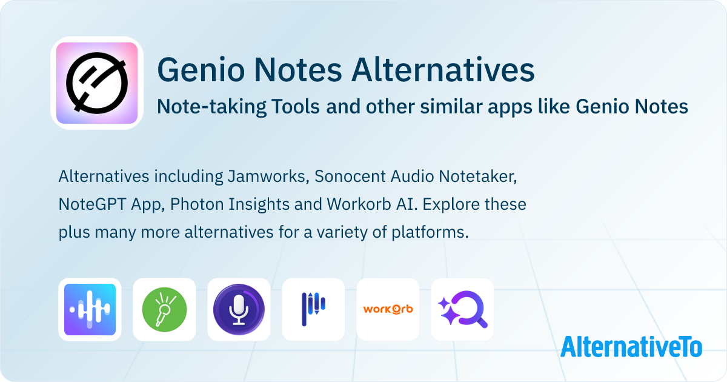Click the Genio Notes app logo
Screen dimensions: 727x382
tap(97, 83)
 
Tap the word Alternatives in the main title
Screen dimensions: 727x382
tap(443, 70)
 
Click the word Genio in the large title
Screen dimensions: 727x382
tap(201, 70)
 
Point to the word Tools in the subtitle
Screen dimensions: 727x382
tap(296, 107)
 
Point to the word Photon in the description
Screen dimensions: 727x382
tap(197, 204)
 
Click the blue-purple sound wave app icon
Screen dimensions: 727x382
tap(90, 309)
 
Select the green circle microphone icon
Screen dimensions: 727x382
tap(164, 309)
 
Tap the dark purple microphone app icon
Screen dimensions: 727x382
tap(239, 309)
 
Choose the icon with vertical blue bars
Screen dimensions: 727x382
tap(313, 309)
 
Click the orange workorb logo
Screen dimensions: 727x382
tap(388, 309)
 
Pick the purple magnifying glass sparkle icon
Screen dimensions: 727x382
tap(462, 309)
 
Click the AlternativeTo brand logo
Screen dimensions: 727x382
tap(631, 347)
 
